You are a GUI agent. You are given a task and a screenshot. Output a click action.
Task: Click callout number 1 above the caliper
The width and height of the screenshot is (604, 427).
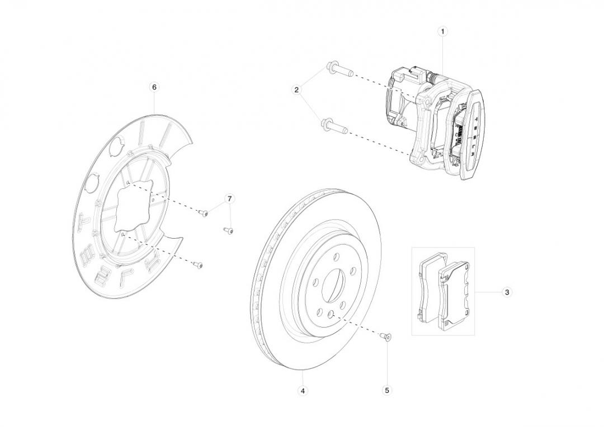442,31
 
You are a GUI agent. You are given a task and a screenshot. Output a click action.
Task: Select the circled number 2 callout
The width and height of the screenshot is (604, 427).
296,90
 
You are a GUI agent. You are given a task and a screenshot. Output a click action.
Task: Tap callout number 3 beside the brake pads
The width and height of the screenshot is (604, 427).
507,292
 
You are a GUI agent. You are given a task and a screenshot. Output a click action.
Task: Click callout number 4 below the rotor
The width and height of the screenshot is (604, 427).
303,391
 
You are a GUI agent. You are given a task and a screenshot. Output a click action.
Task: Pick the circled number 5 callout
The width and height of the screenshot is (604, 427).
387,391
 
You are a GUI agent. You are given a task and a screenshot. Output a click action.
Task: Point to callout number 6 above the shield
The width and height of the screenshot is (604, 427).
154,87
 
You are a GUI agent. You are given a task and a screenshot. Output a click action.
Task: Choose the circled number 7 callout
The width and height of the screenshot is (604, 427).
230,198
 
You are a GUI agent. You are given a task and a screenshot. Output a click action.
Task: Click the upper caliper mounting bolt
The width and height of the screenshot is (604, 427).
339,70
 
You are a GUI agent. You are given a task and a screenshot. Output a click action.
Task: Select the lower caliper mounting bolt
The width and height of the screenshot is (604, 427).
334,126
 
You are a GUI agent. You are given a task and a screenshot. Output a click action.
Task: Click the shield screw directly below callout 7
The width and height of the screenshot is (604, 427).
229,230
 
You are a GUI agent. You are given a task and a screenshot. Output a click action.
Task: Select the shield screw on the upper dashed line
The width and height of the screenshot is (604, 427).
202,212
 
